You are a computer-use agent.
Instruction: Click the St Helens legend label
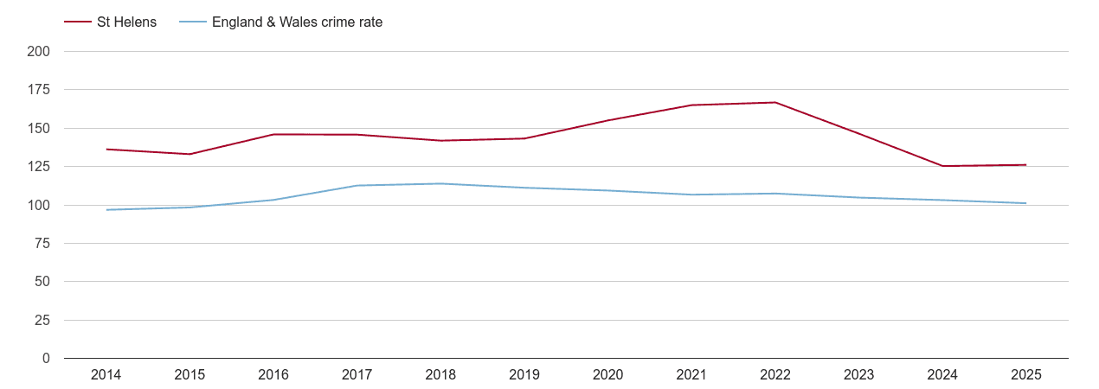pos(126,22)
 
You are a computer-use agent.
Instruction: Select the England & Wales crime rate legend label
pos(297,22)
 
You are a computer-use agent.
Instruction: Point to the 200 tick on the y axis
pos(39,52)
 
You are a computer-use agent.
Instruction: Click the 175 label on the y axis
pos(39,90)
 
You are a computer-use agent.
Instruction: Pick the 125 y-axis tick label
pos(39,167)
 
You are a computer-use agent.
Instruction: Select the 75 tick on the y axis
pos(42,244)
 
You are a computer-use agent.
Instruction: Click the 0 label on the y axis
pos(46,359)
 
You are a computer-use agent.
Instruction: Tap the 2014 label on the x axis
pos(106,375)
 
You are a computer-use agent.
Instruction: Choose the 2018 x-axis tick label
pos(440,375)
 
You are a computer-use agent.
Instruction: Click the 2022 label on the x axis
pos(775,375)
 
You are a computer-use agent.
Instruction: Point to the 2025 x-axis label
pos(1026,375)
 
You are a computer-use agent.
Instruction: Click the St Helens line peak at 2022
pos(775,103)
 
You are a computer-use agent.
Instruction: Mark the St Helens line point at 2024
pos(942,166)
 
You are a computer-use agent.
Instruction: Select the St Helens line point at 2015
pos(190,154)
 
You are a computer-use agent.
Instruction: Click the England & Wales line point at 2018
pos(440,183)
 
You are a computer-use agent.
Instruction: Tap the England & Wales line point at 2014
pos(106,210)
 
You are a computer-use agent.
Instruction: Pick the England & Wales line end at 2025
pos(1026,203)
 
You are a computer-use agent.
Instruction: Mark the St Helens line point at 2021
pos(691,105)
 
